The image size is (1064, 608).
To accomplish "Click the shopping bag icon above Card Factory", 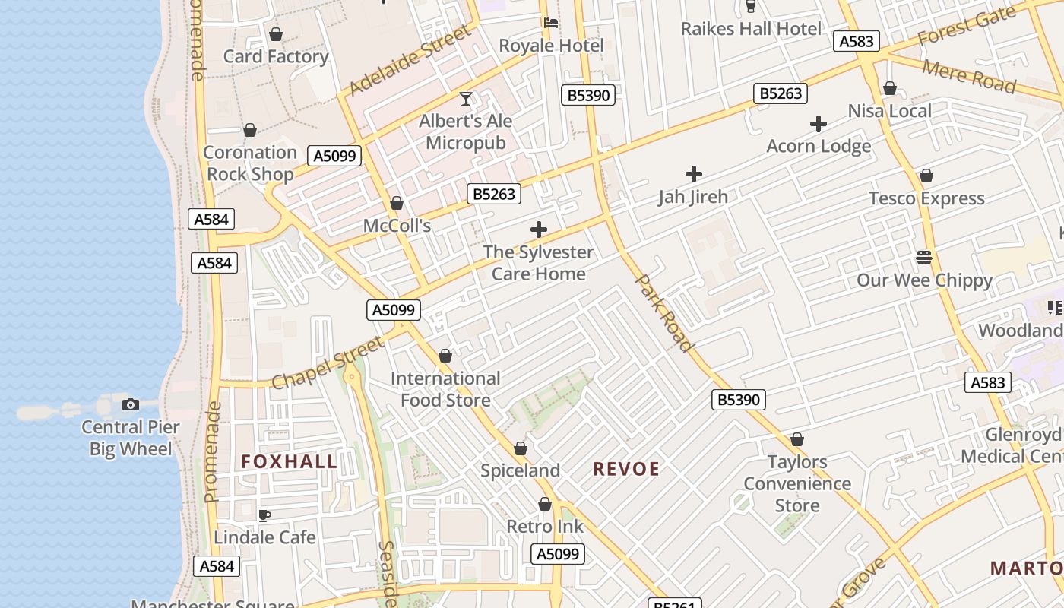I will point(276,34).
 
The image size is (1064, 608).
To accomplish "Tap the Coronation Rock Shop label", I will point(250,163).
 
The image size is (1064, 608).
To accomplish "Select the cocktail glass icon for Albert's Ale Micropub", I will point(466,99).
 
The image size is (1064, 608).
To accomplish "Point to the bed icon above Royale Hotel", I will point(551,23).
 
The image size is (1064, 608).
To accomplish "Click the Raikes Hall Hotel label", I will point(751,29).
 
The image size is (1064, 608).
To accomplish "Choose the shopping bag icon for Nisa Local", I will point(890,89).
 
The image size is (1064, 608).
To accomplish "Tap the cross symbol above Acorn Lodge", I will point(819,124).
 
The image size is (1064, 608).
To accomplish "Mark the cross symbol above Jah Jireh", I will point(693,174).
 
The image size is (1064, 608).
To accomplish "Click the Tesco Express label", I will point(926,198).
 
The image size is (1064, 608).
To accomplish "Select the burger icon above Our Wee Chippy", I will point(924,258).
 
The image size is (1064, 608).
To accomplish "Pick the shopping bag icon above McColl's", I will point(396,203).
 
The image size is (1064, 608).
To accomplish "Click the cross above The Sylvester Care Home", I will point(539,230).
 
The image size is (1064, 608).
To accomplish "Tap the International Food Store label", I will point(445,388).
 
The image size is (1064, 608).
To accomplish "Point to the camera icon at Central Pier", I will point(131,404).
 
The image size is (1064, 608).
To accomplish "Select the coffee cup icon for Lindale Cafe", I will point(264,515).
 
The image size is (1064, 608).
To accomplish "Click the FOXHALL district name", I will point(289,461).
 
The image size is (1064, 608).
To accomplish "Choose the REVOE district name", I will point(626,469).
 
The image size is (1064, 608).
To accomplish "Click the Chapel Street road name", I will point(328,364).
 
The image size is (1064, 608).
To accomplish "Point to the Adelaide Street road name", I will point(410,61).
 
